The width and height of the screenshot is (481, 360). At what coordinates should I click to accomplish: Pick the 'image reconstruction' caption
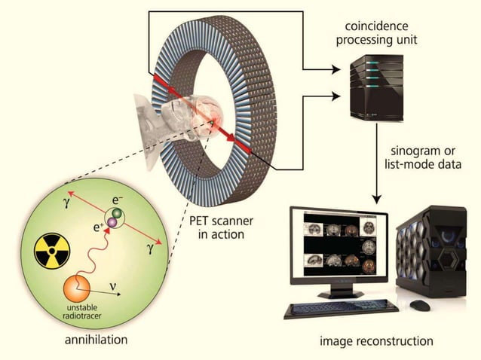pos(376,340)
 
